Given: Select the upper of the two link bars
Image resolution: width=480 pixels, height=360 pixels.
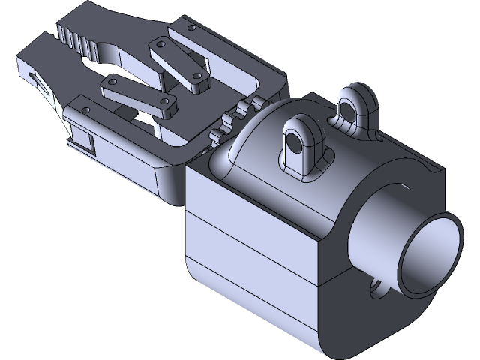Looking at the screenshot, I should point(178,63).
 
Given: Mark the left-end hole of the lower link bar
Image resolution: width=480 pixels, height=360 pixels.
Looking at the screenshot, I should point(112,81).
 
